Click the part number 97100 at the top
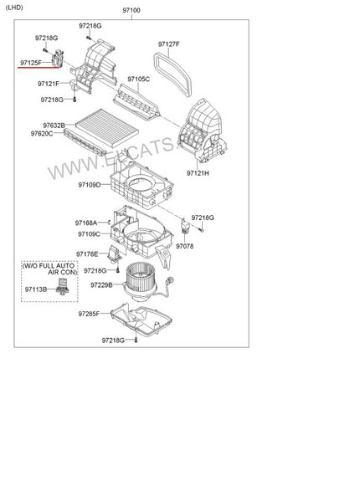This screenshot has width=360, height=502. pos(131,10)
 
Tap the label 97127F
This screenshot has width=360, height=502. pos(168,44)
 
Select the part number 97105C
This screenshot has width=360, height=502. pos(138,79)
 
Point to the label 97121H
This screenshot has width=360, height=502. pos(198,173)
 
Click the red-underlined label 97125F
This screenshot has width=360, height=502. pos(31,63)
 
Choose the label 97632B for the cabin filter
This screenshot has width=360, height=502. pos(54,125)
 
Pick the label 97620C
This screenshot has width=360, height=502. pos(42,134)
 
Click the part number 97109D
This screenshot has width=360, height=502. pos(90,185)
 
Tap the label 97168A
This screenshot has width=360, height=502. pos(86,223)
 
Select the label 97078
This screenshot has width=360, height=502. pos(184,246)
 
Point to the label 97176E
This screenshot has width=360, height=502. pos(87,254)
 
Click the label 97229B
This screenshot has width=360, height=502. pos(101,285)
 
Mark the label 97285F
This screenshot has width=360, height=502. pos(89,314)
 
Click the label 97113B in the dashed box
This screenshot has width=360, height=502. pos(36,289)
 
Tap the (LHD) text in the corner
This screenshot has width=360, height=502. pos(14,8)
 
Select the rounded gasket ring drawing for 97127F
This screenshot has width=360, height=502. pos(157,64)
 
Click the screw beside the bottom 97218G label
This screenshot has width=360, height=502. pos(136,340)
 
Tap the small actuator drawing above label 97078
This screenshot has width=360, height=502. pos(185,226)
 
